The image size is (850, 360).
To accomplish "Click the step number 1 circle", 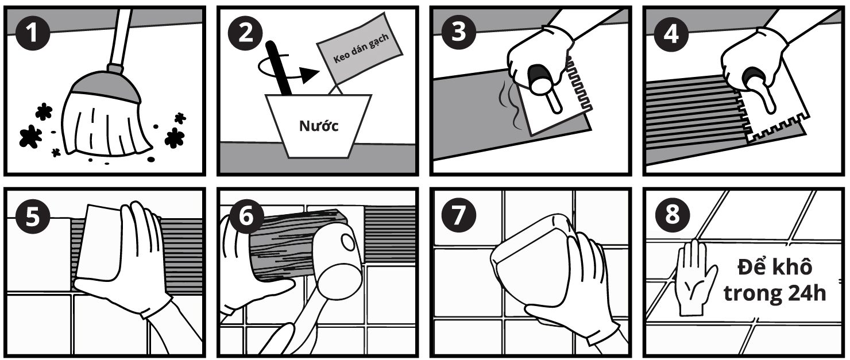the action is [x=33, y=33].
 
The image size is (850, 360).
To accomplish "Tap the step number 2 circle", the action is [x=246, y=33].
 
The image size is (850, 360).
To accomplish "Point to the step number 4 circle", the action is [x=671, y=33].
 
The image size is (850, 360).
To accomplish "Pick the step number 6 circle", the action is [x=246, y=216].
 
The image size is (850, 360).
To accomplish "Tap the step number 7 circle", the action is [x=459, y=215].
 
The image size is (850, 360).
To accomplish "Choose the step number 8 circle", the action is [x=673, y=214].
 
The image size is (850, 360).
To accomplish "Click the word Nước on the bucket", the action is [x=319, y=126].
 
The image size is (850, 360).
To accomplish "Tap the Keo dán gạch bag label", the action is [x=361, y=48].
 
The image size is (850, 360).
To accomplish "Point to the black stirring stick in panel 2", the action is [x=279, y=68].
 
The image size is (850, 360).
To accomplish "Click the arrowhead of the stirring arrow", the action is [x=310, y=75].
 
